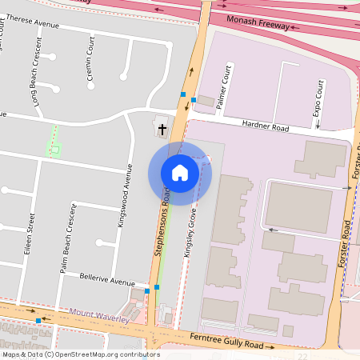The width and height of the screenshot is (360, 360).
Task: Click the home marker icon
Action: coord(180,173)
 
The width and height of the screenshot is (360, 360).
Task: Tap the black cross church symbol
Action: coord(162,128)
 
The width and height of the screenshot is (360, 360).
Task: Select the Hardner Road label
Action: coord(266,125)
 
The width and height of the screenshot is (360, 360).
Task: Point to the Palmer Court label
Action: coord(226,82)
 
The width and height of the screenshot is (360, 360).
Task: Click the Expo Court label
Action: coord(318,98)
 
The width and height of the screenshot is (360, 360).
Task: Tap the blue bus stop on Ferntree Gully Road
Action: coord(38,321)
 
